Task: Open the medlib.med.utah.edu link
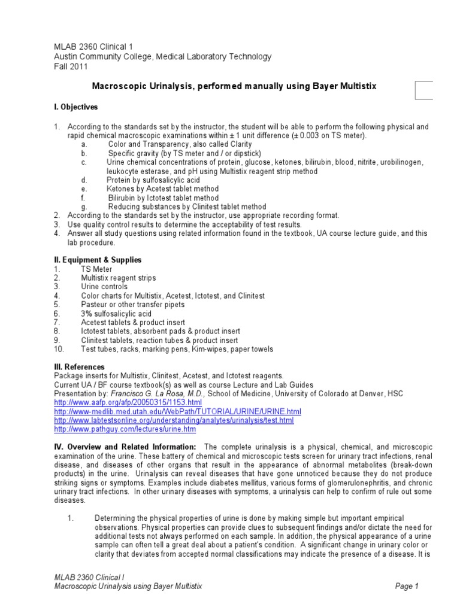177,412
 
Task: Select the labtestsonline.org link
174,421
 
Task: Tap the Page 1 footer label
407,587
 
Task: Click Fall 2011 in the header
70,66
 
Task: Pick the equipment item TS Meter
96,269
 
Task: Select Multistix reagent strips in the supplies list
118,278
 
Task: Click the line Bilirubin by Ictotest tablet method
163,198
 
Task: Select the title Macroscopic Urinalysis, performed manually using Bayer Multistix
234,86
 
